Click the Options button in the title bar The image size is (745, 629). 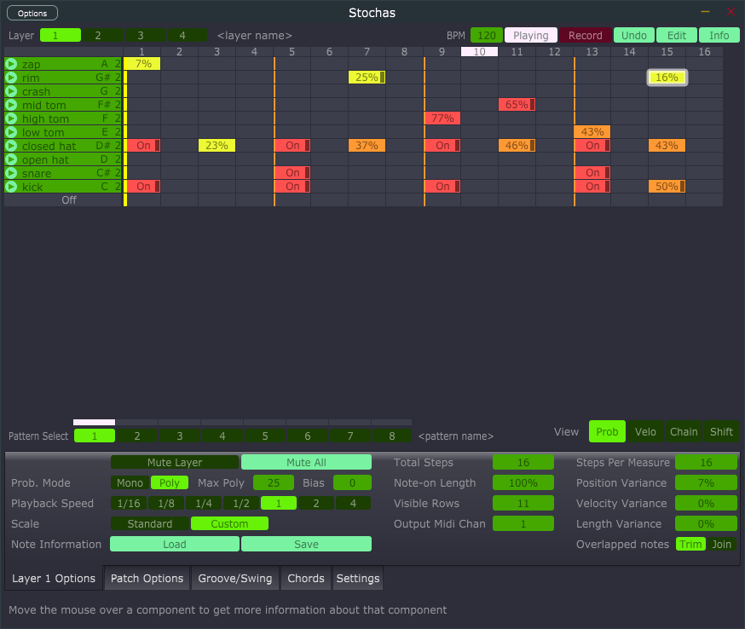point(32,13)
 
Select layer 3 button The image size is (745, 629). point(141,35)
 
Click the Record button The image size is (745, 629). point(585,35)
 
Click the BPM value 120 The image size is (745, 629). point(486,35)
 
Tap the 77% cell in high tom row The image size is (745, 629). point(442,118)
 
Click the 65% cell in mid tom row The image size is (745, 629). point(517,105)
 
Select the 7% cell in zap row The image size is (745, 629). point(142,64)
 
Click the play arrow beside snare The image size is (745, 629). point(11,173)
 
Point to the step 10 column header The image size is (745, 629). point(479,52)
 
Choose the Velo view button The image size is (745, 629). point(645,431)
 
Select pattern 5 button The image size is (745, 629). point(264,436)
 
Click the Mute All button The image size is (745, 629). point(306,462)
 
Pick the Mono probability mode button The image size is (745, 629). point(130,482)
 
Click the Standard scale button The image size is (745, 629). point(149,523)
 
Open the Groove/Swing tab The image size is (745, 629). point(234,578)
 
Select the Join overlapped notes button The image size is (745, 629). point(721,544)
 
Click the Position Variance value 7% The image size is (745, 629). point(705,482)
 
